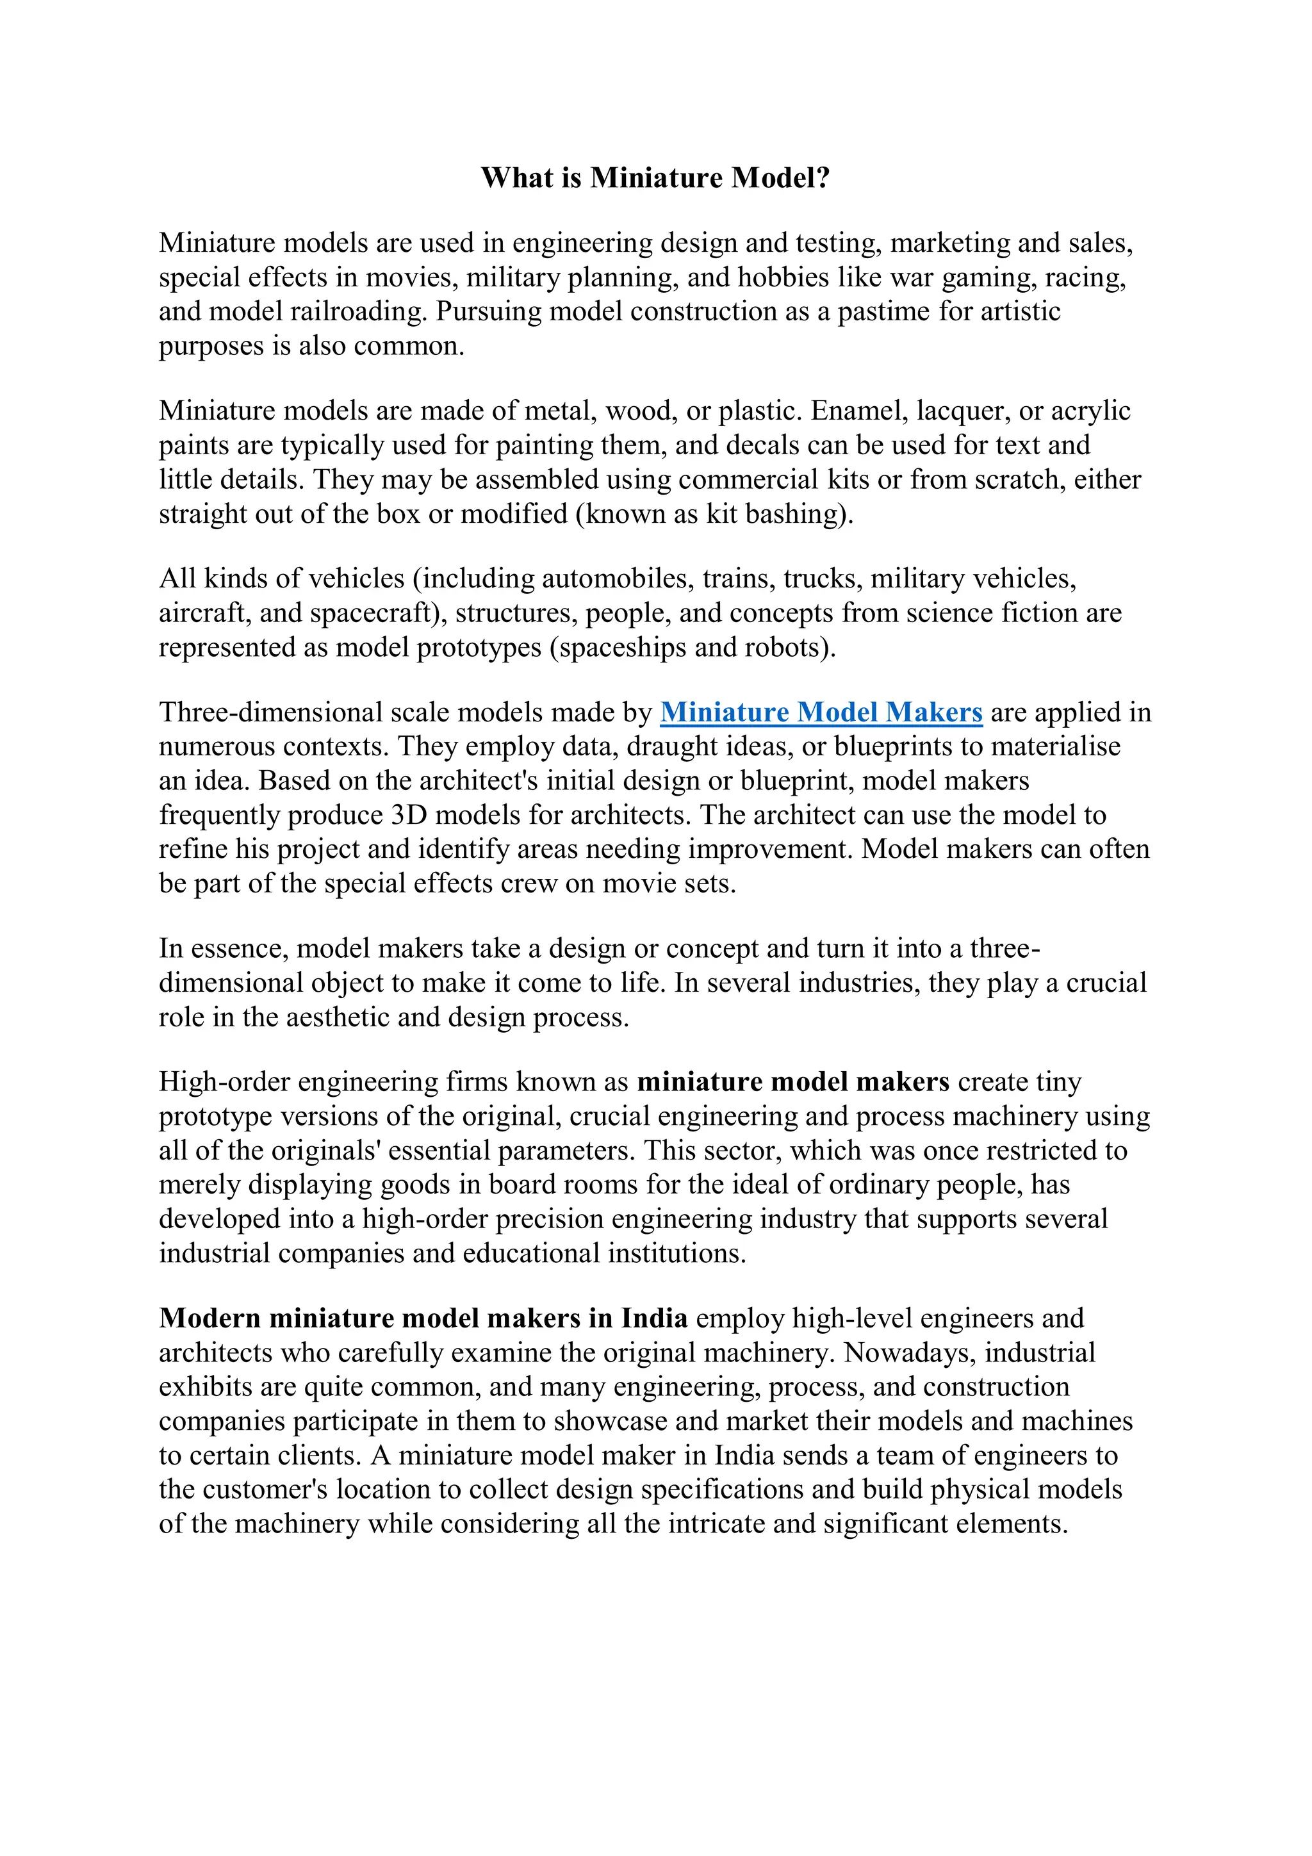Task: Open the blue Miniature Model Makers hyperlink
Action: click(x=821, y=712)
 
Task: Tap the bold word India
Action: click(x=654, y=1318)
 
